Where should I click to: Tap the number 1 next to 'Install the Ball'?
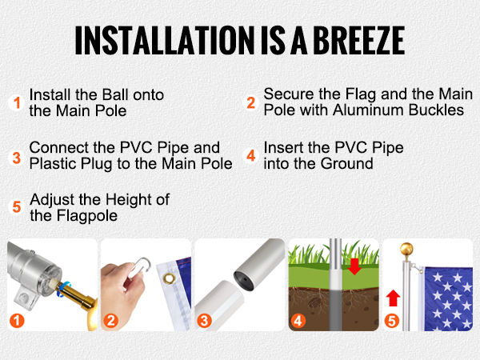point(16,102)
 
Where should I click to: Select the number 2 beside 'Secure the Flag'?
point(250,102)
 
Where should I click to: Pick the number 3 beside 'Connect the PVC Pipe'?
point(16,156)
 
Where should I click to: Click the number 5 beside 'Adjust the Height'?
point(16,206)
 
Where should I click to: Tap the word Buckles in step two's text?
point(438,110)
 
